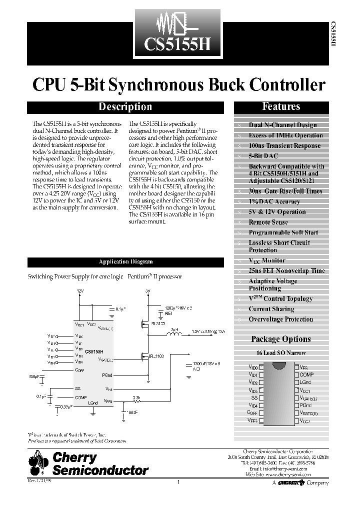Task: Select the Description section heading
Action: [125, 106]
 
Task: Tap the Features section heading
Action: [281, 106]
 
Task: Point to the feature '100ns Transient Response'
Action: [284, 145]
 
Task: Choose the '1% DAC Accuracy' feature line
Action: [274, 201]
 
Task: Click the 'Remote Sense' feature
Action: [268, 222]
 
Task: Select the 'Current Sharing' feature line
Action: [271, 309]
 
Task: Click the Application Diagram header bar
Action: [125, 261]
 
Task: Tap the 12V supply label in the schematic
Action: [80, 290]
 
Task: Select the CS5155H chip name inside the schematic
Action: [94, 351]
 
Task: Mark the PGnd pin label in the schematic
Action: [106, 374]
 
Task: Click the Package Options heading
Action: [280, 339]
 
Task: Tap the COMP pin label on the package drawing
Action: [306, 374]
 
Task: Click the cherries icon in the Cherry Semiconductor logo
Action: [38, 463]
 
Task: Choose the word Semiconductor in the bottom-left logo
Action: [100, 470]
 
